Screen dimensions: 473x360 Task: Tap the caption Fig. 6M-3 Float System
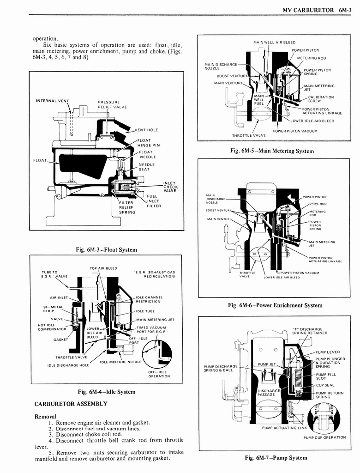[x=106, y=249]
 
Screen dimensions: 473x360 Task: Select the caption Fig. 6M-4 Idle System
[x=106, y=392]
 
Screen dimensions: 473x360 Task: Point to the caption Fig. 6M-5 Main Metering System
[x=272, y=151]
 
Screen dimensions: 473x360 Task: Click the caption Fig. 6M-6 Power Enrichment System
[x=275, y=305]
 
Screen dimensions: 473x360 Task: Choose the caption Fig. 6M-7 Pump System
[x=276, y=457]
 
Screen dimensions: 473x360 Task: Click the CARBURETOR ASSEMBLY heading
[x=71, y=404]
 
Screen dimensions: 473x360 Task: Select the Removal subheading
[x=45, y=416]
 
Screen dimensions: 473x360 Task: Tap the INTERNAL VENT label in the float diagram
[x=52, y=101]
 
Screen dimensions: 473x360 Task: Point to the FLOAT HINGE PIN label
[x=149, y=143]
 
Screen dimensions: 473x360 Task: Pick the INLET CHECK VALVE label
[x=169, y=187]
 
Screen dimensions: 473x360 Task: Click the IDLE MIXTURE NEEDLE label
[x=121, y=362]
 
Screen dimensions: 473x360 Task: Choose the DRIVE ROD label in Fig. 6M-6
[x=318, y=204]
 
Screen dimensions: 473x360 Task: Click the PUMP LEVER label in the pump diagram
[x=327, y=352]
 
